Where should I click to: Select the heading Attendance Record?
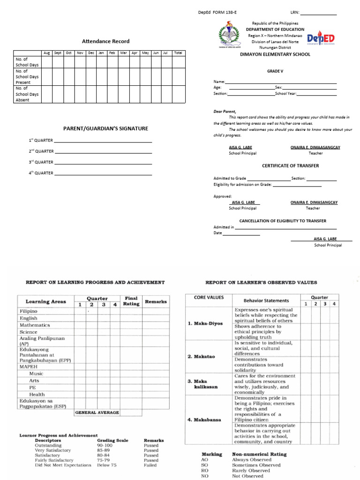tap(106, 41)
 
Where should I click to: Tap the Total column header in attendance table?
tap(178, 53)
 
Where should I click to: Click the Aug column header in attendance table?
tap(46, 53)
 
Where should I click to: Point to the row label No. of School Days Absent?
tap(27, 94)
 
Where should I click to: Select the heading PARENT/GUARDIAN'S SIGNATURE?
tap(106, 128)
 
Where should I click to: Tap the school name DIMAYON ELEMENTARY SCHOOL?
tap(275, 54)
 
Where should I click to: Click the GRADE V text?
tap(275, 71)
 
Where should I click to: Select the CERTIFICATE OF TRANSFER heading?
tap(290, 166)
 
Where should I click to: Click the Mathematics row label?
tap(35, 325)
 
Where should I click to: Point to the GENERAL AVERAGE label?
tap(97, 412)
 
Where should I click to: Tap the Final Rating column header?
tap(131, 300)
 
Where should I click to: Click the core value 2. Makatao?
tap(202, 357)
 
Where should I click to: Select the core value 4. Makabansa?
tap(204, 420)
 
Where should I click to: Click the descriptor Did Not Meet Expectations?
tap(63, 465)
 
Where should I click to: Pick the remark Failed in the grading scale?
tap(150, 465)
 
